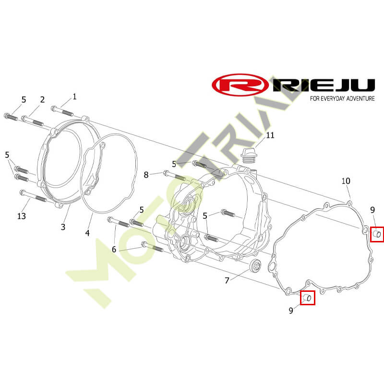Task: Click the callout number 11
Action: (270, 135)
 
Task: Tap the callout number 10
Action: (346, 181)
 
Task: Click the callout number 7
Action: (227, 280)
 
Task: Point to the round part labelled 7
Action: (255, 266)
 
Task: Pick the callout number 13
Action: (22, 216)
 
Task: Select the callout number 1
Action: (75, 96)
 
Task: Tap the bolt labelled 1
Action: (62, 111)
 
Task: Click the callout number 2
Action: (42, 100)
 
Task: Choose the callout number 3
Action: (63, 227)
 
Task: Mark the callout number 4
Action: (87, 233)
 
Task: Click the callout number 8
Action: (146, 175)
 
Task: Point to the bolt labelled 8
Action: (175, 176)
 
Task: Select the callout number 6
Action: (114, 249)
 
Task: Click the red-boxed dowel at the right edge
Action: (377, 234)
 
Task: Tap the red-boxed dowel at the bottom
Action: (307, 298)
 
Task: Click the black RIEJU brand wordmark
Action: (324, 85)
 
